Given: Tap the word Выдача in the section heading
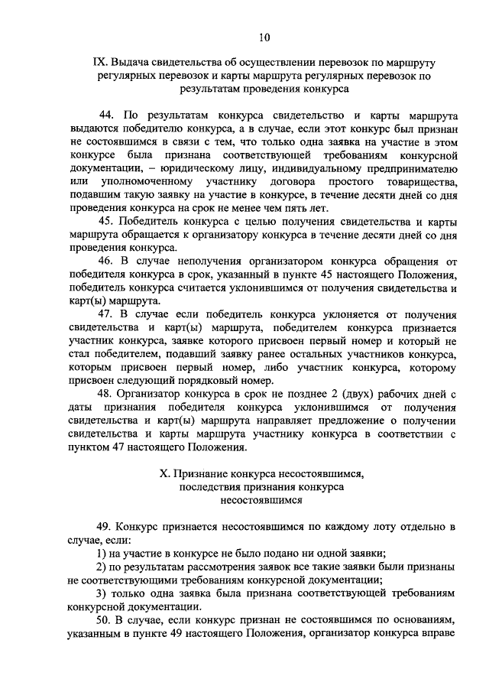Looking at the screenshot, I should (134, 62).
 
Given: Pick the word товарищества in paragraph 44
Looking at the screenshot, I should (423, 181).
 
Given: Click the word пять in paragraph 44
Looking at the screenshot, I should (291, 207).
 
